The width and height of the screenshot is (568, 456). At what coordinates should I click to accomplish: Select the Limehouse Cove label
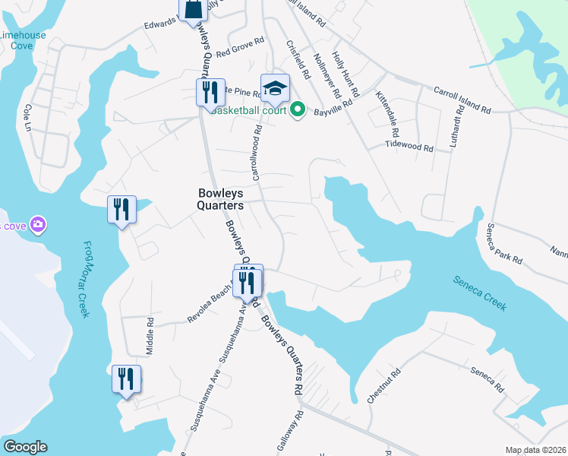coord(23,40)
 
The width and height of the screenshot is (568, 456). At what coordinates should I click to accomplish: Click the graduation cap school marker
coord(275,88)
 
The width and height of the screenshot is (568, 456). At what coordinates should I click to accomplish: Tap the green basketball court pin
coord(298,110)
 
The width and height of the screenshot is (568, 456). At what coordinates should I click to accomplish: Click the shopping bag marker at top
coord(193,9)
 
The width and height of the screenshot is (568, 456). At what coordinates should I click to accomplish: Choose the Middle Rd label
coord(150,337)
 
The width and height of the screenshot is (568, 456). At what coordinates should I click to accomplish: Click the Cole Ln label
coord(29,117)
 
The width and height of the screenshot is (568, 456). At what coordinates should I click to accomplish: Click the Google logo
coord(25,447)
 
